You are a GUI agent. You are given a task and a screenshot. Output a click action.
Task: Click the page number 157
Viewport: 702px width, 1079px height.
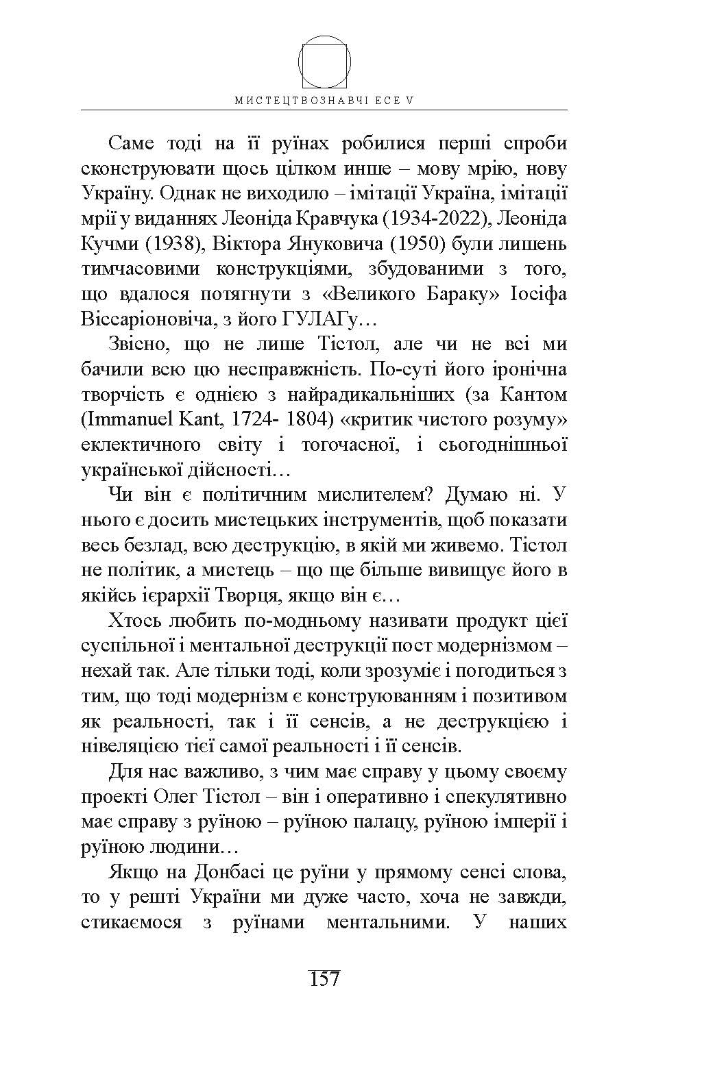[x=324, y=978]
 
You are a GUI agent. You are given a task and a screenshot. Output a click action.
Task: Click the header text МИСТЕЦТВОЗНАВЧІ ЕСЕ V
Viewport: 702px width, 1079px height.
[x=324, y=100]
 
